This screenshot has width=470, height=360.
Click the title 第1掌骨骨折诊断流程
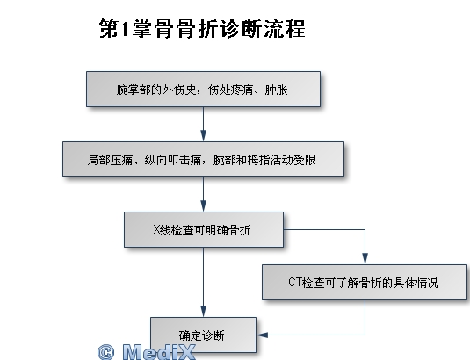point(202,29)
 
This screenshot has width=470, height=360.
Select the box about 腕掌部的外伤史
point(203,89)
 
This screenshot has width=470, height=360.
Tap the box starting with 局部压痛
point(203,159)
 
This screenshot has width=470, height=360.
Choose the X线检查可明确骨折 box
point(204,230)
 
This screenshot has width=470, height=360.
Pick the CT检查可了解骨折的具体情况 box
point(365,282)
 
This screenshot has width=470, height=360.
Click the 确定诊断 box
point(203,335)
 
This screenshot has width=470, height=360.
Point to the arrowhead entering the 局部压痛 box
point(203,136)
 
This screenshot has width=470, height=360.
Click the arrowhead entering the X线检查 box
point(203,206)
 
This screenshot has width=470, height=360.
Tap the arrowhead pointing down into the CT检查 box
point(365,259)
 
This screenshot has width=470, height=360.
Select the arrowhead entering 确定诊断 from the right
point(263,335)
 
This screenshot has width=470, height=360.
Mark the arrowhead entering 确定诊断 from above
point(203,312)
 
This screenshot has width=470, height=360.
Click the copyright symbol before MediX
point(105,352)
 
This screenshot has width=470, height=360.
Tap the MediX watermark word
point(159,352)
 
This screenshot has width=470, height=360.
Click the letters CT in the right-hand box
point(295,282)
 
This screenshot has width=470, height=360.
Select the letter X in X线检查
point(156,230)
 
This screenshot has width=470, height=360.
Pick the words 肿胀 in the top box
point(276,90)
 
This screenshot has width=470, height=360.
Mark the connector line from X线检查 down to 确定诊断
point(203,282)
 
